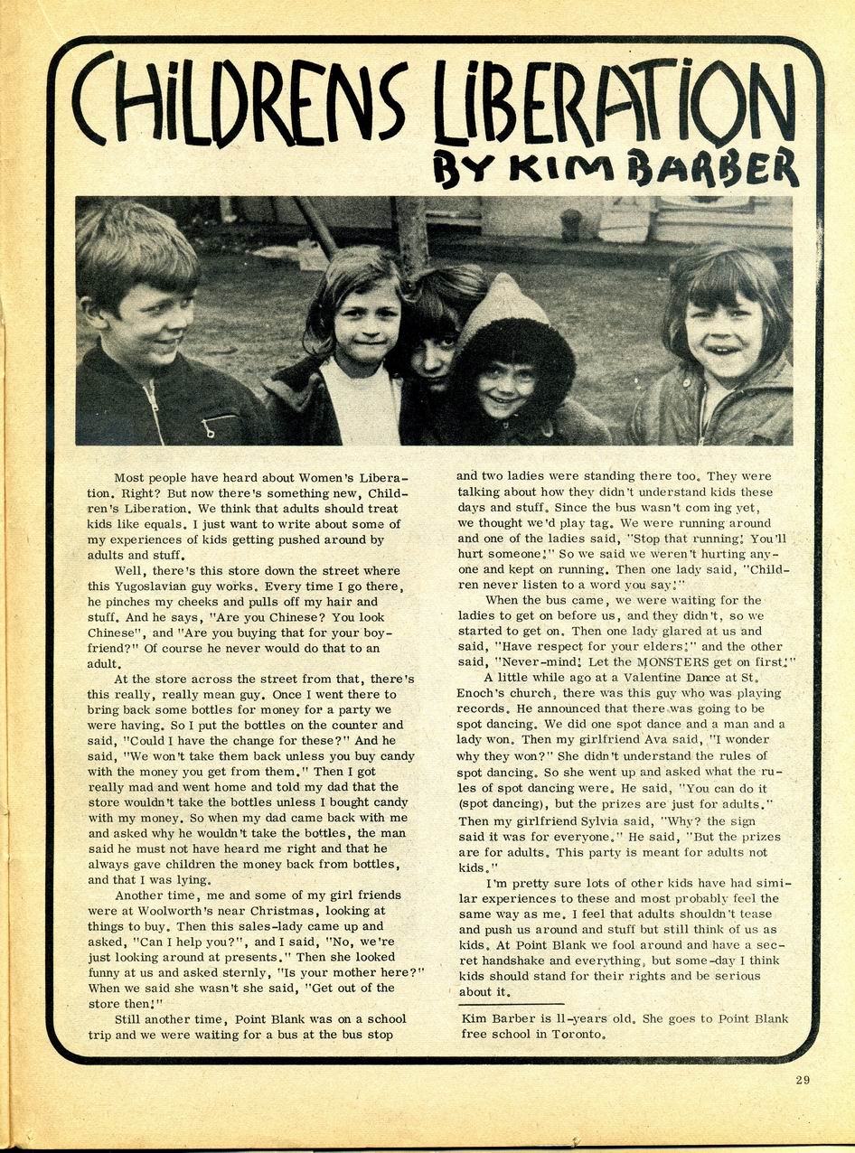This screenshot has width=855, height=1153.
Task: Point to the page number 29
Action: (803, 1080)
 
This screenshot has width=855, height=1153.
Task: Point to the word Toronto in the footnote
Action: (575, 1034)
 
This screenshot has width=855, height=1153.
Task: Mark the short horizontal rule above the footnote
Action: (510, 1004)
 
